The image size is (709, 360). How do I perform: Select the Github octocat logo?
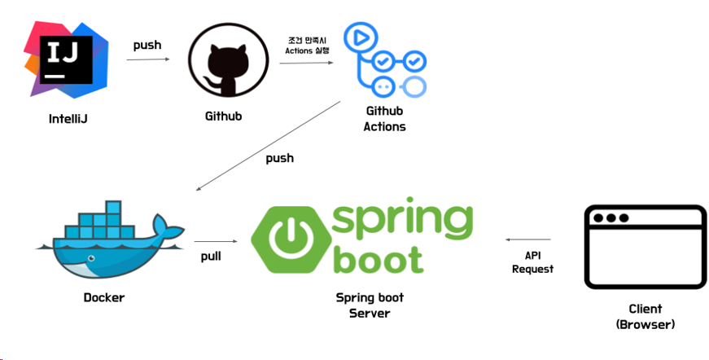(223, 64)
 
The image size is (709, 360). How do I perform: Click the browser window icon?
(646, 248)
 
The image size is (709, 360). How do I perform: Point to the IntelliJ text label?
(68, 119)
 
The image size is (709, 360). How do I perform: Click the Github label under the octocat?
(223, 116)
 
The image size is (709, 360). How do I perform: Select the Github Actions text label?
(384, 118)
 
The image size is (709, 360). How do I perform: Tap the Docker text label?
(104, 297)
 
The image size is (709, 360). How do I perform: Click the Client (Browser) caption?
(646, 316)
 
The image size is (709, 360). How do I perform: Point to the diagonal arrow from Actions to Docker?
(269, 145)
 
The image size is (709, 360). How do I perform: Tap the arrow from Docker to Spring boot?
(215, 241)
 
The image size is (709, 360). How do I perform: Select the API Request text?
(532, 262)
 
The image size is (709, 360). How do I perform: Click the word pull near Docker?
(211, 256)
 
